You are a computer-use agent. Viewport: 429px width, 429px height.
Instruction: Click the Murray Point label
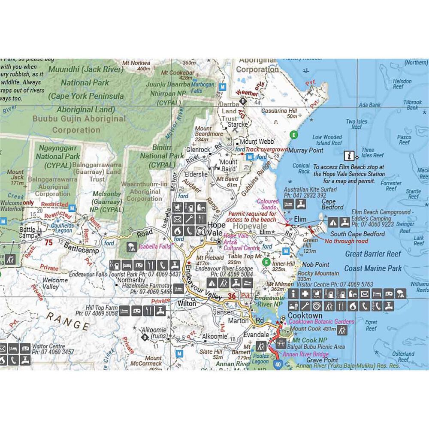(x=306, y=151)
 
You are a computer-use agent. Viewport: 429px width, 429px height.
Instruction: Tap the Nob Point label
(x=316, y=264)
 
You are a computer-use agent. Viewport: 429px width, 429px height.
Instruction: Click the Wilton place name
(x=187, y=303)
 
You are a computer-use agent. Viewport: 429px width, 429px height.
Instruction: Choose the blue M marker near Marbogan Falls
(x=222, y=86)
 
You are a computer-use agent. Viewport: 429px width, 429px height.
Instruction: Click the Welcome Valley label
(x=55, y=283)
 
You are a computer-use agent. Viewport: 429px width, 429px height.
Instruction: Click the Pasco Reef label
(x=404, y=140)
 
